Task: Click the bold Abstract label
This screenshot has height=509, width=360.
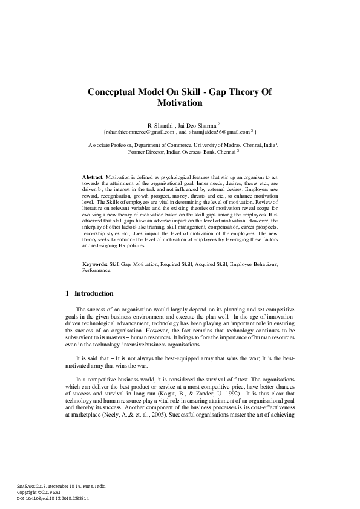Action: tap(93, 176)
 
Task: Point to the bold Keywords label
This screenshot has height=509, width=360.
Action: tap(95, 265)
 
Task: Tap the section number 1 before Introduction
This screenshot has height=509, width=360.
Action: tap(67, 294)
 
